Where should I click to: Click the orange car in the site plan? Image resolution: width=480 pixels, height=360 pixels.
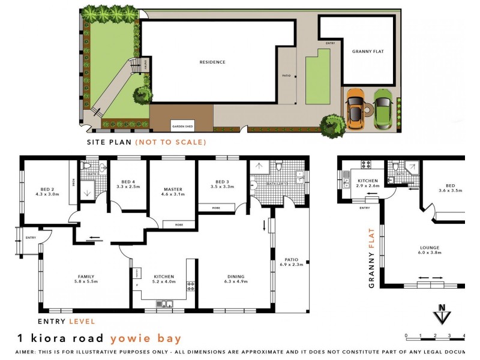click(x=355, y=109)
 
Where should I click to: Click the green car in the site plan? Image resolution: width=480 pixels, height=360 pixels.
click(x=383, y=109)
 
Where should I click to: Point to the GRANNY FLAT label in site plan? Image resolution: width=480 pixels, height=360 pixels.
click(x=368, y=52)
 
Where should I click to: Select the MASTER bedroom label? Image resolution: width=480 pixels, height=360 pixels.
click(x=172, y=189)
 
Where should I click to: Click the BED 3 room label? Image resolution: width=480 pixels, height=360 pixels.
click(x=221, y=182)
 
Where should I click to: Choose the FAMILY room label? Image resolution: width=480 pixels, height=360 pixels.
click(x=85, y=277)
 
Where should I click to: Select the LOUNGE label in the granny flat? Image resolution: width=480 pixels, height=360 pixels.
click(x=430, y=247)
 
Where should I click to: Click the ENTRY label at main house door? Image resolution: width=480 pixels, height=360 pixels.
click(x=31, y=238)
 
